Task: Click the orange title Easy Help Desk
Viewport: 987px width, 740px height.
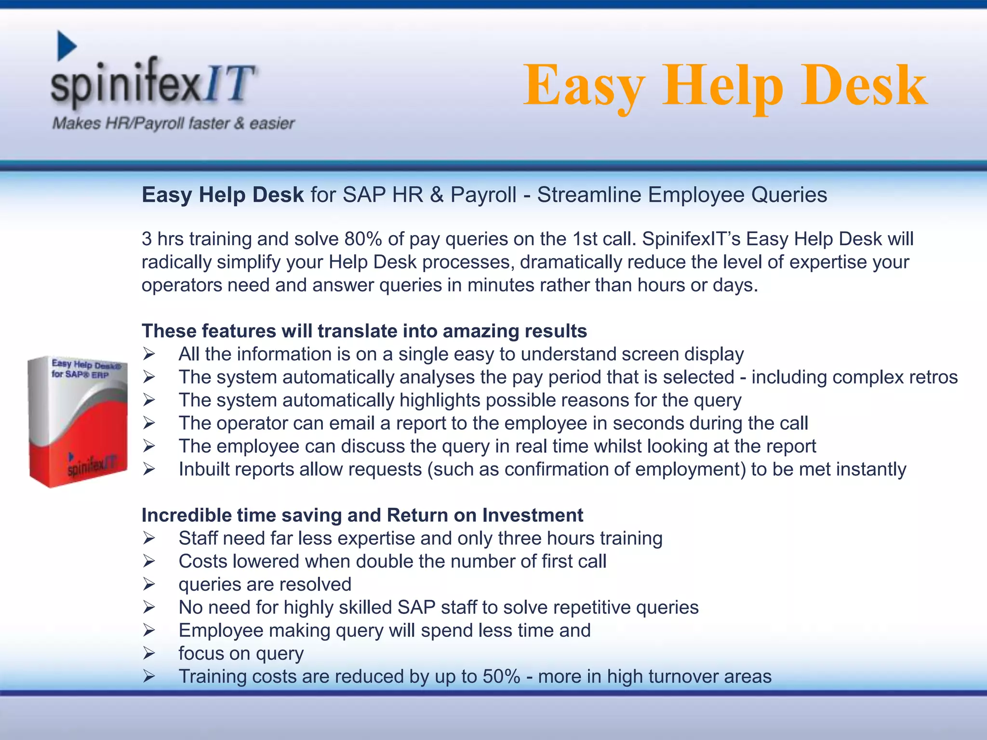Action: tap(725, 86)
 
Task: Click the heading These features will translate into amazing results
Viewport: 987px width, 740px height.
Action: tap(364, 331)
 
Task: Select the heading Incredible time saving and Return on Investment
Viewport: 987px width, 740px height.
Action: tap(362, 515)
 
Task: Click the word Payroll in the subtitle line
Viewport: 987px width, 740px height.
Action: tap(483, 195)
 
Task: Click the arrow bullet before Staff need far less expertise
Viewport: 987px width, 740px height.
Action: tap(148, 538)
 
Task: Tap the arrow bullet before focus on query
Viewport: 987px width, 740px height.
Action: tap(148, 653)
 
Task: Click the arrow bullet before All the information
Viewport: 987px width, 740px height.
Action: tap(148, 354)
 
